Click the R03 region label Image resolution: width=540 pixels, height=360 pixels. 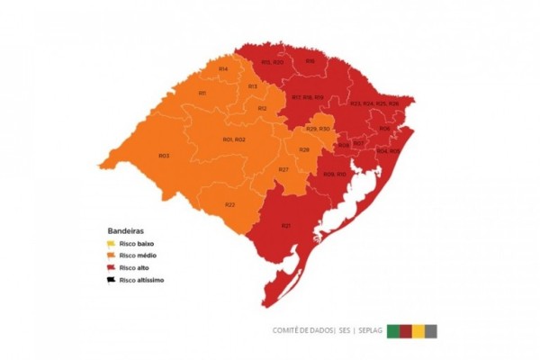click(164, 156)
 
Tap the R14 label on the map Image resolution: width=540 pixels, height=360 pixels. click(222, 68)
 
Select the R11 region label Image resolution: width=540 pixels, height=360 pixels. click(203, 93)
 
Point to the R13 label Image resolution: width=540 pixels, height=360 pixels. click(253, 85)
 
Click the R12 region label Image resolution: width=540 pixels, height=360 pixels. click(262, 108)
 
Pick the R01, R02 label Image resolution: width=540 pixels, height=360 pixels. click(234, 139)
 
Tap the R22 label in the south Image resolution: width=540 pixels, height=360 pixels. click(230, 204)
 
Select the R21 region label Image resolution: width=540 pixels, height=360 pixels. click(285, 225)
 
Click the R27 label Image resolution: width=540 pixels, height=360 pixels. click(283, 170)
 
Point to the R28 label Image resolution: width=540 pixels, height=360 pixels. click(304, 148)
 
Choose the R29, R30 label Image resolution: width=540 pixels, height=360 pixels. click(318, 130)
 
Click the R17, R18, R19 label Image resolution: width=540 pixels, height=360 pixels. click(308, 96)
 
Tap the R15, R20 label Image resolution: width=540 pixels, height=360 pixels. click(273, 61)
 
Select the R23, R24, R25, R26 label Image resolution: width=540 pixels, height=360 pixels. click(374, 103)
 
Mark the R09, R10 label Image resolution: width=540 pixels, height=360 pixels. click(335, 173)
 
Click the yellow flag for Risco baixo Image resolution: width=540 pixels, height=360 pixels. click(109, 244)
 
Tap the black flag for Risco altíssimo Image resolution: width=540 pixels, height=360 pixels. click(109, 279)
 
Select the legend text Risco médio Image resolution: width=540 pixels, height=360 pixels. click(139, 256)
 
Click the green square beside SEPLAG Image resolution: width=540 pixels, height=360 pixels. click(393, 330)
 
